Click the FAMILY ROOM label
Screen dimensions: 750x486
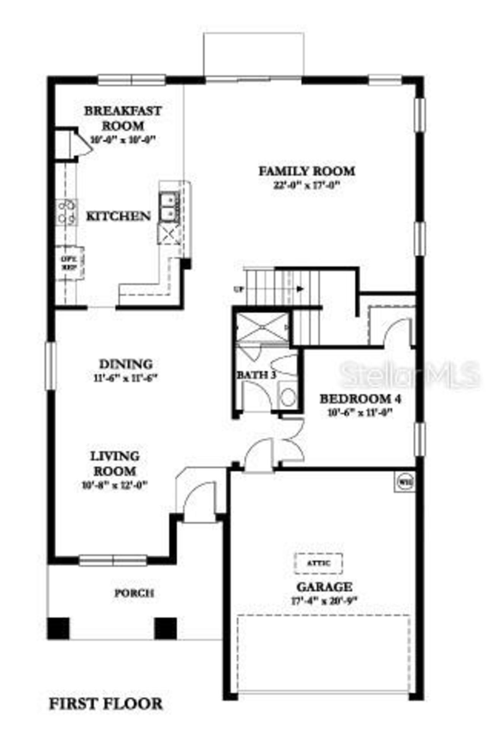coord(307,171)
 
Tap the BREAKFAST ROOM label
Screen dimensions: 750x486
coord(123,118)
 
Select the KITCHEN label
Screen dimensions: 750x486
coord(118,216)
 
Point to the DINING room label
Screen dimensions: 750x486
coord(126,364)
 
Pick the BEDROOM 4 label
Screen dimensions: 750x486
coord(360,399)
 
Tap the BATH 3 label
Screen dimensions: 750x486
coord(256,375)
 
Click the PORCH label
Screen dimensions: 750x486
coord(134,593)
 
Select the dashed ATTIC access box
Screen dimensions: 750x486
coord(319,563)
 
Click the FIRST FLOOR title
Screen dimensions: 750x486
coord(106,704)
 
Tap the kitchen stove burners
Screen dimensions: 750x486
coord(67,212)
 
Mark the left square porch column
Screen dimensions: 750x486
coord(58,628)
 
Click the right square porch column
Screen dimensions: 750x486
coord(166,628)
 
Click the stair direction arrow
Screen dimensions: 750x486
coord(300,289)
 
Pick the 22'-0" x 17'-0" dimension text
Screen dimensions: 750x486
coord(306,186)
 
